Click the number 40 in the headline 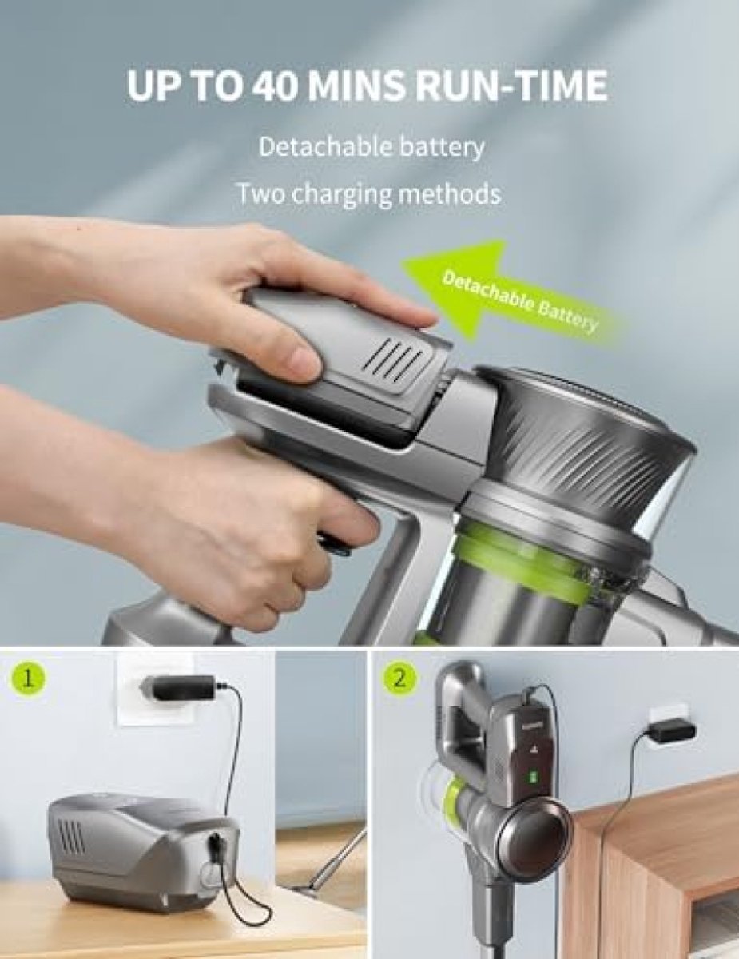pyautogui.click(x=274, y=84)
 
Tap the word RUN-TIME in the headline pyautogui.click(x=512, y=84)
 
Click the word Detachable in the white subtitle pyautogui.click(x=316, y=147)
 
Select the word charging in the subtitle pyautogui.click(x=342, y=195)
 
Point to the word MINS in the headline pyautogui.click(x=356, y=84)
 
